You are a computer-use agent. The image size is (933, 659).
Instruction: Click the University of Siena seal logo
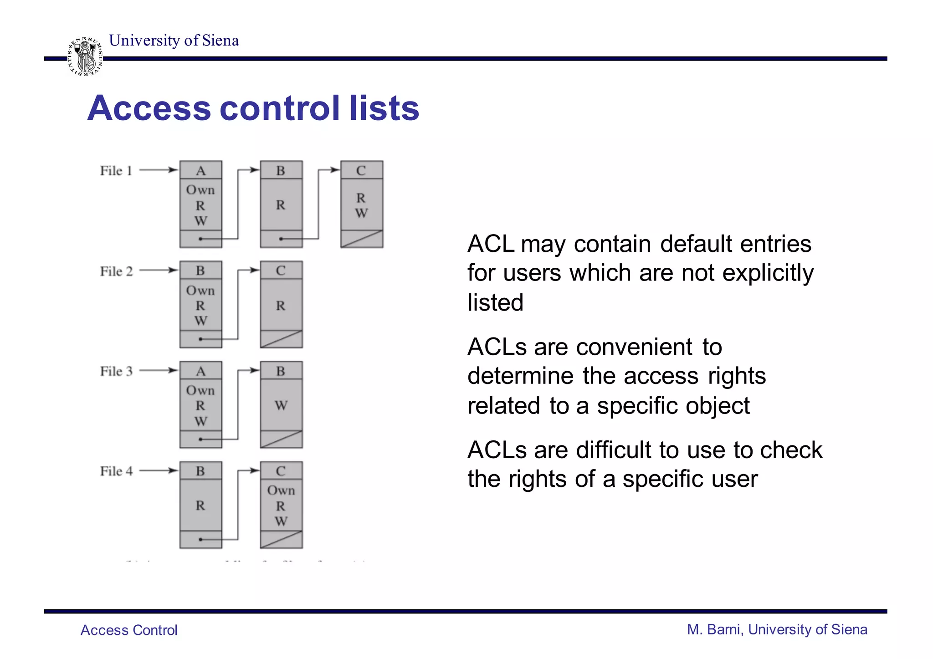(x=85, y=56)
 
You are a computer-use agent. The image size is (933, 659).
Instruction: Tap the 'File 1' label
(x=116, y=171)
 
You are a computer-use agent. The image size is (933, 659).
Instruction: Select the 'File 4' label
(x=116, y=471)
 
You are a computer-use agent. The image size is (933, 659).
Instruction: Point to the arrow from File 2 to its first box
(x=158, y=270)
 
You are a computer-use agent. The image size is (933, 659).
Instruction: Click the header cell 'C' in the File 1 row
(x=361, y=170)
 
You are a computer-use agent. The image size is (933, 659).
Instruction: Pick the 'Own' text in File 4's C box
(x=281, y=490)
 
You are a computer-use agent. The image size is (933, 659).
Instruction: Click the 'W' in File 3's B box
(x=281, y=405)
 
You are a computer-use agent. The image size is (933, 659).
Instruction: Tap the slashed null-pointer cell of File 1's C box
(x=362, y=239)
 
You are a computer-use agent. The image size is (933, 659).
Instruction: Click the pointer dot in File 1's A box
(x=200, y=239)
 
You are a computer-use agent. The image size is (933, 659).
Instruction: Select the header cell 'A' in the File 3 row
(x=200, y=371)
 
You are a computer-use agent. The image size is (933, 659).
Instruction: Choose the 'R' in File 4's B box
(x=200, y=506)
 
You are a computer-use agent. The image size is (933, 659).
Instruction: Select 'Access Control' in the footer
(x=129, y=630)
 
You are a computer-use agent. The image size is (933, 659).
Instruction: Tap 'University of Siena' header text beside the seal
(x=174, y=41)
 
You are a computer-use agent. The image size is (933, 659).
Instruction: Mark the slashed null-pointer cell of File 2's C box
(x=281, y=339)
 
